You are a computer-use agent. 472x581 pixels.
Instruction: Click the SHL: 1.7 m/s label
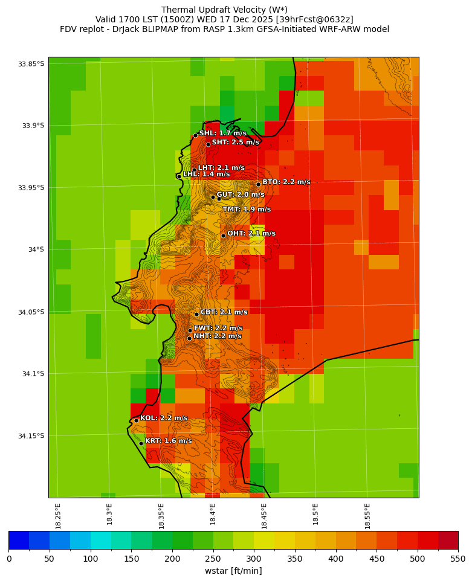click(x=222, y=133)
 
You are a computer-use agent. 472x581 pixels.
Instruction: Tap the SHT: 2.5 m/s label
click(x=235, y=143)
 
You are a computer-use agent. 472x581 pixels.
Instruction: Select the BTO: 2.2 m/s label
click(x=286, y=182)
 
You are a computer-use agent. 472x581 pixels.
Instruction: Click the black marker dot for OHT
click(x=223, y=236)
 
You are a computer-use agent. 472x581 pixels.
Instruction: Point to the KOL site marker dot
click(x=136, y=420)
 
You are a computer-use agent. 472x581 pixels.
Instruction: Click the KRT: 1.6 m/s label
click(x=168, y=441)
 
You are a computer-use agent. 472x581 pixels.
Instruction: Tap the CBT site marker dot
click(x=196, y=314)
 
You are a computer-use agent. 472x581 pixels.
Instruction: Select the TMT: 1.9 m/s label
click(x=247, y=210)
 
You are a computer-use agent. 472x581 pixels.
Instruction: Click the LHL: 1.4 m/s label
click(x=206, y=174)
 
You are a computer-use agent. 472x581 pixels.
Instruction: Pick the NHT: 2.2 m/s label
click(x=217, y=336)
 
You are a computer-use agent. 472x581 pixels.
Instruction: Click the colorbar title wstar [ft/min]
click(x=233, y=571)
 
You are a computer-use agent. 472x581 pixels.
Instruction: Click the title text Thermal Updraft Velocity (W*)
click(x=224, y=10)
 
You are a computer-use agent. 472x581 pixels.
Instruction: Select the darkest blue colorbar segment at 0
click(x=19, y=540)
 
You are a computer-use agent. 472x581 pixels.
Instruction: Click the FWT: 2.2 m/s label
click(x=218, y=328)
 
